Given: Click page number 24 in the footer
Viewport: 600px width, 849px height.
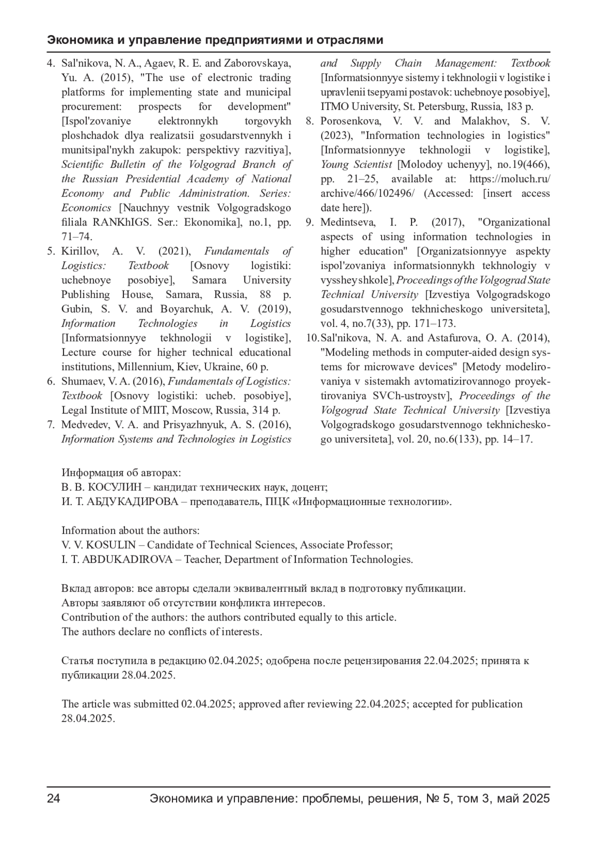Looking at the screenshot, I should [53, 798].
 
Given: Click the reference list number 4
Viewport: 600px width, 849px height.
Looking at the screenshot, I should [50, 63].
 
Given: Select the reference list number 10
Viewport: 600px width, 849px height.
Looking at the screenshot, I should [312, 338].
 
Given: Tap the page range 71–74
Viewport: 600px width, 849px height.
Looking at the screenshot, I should [76, 236].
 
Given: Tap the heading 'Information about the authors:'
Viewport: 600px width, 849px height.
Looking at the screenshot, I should [130, 530].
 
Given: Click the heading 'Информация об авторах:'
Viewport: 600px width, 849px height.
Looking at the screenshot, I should [121, 473].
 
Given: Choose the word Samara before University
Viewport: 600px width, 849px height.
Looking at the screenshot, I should [209, 280].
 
